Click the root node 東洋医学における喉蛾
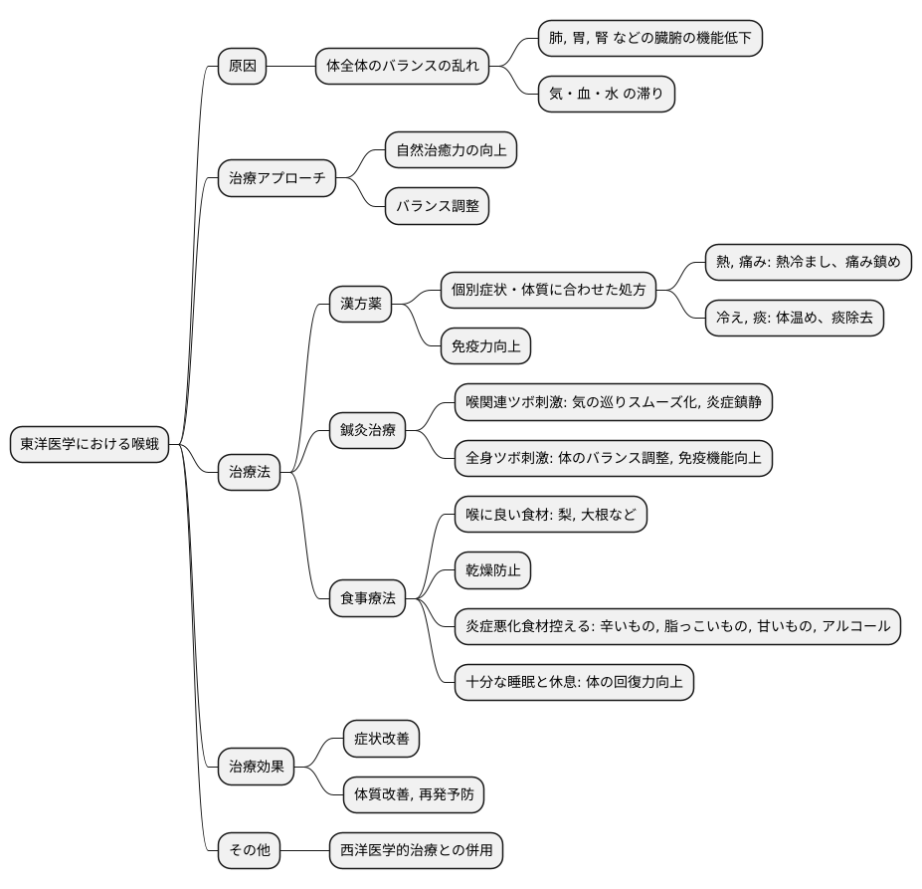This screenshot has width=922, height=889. [89, 445]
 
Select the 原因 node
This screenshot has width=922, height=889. [243, 67]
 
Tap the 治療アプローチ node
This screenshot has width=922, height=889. [277, 179]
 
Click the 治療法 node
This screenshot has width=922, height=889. [249, 473]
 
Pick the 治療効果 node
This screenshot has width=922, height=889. [257, 767]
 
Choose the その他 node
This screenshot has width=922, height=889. [249, 851]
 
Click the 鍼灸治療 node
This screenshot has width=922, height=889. [368, 430]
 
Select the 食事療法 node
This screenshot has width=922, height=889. [368, 598]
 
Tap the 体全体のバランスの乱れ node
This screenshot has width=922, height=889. [403, 67]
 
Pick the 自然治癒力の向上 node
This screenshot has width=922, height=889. [452, 150]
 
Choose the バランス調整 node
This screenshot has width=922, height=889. [438, 206]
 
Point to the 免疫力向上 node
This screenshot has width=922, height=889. [485, 345]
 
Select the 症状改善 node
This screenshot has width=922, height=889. [381, 739]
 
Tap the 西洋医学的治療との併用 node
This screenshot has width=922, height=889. [417, 851]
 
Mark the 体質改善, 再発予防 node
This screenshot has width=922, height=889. [414, 794]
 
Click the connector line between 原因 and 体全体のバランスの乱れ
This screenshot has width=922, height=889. [291, 67]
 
